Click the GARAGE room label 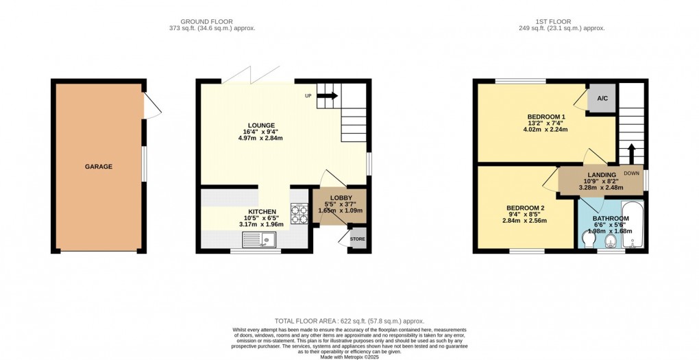coord(99,167)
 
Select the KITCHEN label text coord(262,212)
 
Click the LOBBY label coord(341,198)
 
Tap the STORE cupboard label coord(358,240)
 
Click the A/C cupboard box coord(602,99)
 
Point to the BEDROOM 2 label coord(525,208)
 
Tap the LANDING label coord(599,174)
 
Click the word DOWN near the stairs coord(631,173)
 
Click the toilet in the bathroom coord(587,240)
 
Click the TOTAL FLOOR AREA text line coord(349,321)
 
